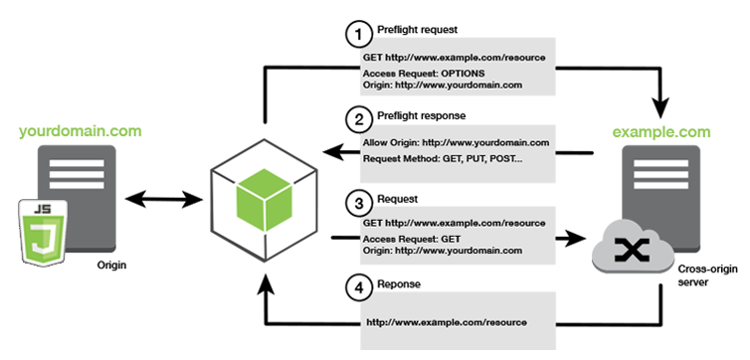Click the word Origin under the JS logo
pos(110,267)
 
